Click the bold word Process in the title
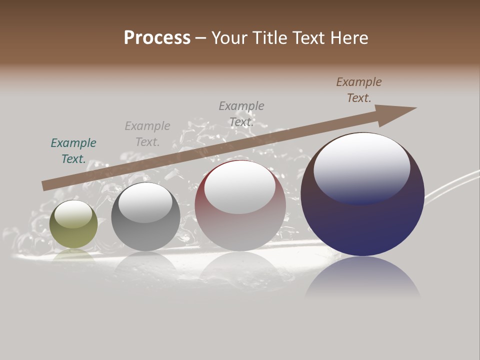coord(157,37)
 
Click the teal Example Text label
coord(73,151)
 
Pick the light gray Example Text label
coord(147,134)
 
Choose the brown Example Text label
coord(359,90)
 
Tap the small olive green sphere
coord(73,235)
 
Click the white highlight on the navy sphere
coord(362,167)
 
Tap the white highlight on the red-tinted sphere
coord(240,186)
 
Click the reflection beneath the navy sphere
coord(362,277)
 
